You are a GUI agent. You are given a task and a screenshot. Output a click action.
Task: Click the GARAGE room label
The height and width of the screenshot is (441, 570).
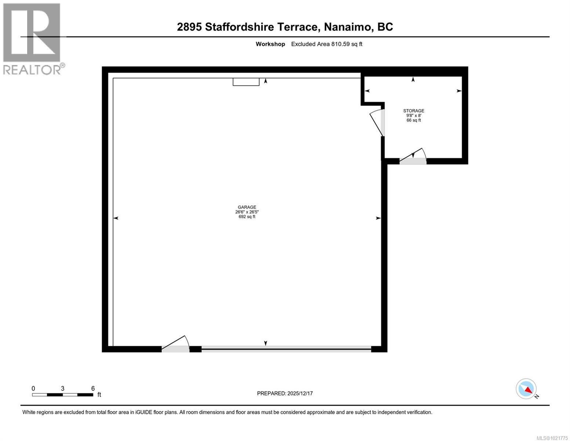click(247, 207)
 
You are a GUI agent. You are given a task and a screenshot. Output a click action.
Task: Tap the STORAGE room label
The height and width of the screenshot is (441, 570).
click(414, 111)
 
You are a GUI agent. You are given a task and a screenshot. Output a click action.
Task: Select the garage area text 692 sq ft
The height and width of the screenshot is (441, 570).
click(247, 217)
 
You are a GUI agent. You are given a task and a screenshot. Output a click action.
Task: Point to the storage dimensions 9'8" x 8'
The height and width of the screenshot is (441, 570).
click(414, 115)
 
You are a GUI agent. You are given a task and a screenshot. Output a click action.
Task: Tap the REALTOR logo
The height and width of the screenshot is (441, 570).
click(32, 39)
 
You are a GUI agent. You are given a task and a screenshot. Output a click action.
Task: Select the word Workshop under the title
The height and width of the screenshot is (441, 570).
click(270, 44)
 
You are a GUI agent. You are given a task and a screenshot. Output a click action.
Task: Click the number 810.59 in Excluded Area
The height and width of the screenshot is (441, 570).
click(340, 44)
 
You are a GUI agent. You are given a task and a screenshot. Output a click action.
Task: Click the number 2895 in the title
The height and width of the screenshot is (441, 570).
click(189, 27)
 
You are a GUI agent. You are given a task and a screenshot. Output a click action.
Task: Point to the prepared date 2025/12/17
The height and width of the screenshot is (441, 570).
click(300, 393)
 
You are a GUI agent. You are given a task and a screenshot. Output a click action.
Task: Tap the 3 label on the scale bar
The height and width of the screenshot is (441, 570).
click(63, 388)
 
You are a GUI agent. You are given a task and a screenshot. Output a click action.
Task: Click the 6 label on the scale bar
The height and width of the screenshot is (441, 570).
click(93, 388)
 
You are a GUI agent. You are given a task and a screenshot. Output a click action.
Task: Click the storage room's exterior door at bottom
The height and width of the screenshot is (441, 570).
click(413, 157)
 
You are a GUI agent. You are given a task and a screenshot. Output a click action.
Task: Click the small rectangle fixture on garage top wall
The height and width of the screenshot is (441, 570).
click(246, 82)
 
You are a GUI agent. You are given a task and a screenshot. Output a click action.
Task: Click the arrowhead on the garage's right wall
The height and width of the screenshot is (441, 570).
click(378, 218)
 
